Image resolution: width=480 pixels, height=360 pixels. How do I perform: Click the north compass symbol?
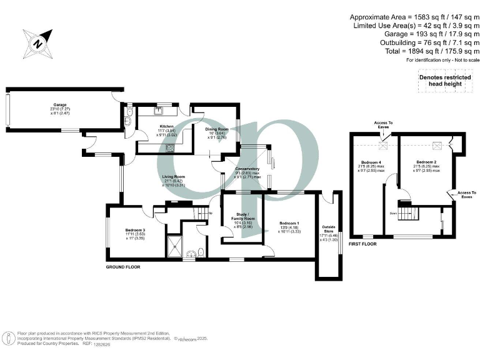pos(37,44)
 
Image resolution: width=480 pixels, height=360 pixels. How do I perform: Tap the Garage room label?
pos(60,105)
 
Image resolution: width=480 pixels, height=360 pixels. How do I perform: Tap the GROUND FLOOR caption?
pos(123,267)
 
